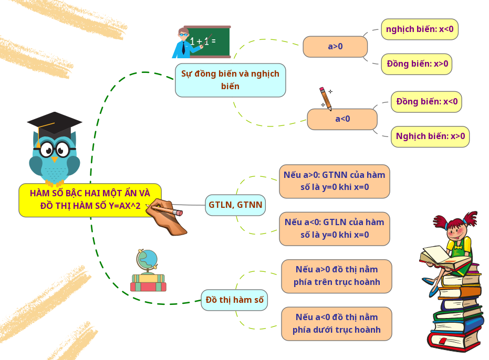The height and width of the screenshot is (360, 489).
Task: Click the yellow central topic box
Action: coord(90,200)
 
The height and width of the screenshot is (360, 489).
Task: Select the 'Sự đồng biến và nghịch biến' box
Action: coord(230,80)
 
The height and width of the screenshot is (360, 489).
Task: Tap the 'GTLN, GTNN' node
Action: coord(235,205)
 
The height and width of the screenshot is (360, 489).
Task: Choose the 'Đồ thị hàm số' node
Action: coord(234,300)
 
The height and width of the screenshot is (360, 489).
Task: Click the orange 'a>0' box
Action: coord(335,47)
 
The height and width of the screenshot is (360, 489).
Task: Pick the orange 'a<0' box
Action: coord(342,119)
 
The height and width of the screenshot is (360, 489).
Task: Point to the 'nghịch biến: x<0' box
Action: coord(419,29)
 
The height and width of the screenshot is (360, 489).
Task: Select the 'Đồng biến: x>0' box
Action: coord(417,64)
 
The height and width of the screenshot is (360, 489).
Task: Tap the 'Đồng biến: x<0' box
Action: coord(426,102)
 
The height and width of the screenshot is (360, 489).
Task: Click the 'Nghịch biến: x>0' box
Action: coord(430,136)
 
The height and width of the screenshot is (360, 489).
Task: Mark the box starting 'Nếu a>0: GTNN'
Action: coord(335,181)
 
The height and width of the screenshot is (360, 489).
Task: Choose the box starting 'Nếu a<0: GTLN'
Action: coord(335,229)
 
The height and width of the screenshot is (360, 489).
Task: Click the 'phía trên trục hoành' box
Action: coord(337,276)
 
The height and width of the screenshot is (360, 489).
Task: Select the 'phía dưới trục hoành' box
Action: coord(337,324)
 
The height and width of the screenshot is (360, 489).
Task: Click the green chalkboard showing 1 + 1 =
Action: coord(207,41)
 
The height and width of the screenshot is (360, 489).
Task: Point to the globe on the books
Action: coord(148,260)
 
